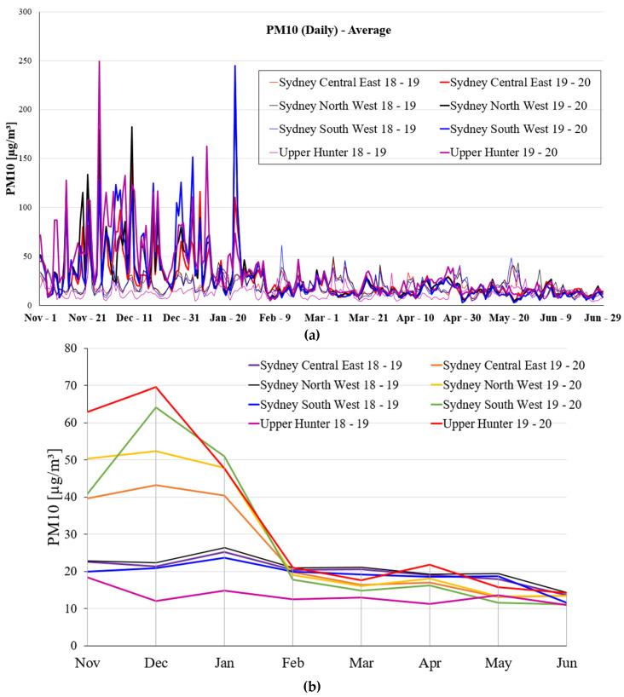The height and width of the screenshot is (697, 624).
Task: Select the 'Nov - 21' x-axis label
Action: click(85, 316)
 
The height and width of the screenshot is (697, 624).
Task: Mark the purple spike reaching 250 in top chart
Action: click(99, 61)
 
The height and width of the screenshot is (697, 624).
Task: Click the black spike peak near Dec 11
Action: click(132, 127)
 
